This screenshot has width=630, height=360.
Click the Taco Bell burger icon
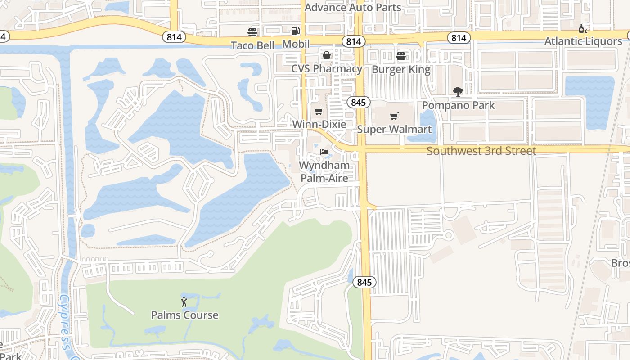252,32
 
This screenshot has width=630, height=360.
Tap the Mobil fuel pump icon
295,31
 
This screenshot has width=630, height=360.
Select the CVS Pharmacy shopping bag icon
326,55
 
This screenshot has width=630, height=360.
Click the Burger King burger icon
400,56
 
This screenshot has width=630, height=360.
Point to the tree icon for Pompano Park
458,92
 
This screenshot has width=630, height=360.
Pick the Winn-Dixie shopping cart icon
319,111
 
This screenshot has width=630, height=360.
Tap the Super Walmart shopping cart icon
394,117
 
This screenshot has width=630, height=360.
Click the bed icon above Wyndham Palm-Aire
324,152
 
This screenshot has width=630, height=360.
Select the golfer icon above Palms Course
184,301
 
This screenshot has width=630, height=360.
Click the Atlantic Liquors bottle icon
583,28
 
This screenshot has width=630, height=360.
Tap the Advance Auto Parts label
353,7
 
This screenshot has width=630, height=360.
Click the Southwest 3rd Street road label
481,151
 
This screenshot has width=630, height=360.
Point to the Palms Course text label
184,315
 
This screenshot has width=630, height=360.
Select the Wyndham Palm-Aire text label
324,172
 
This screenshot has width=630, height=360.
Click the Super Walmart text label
394,130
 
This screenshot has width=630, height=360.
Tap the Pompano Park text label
458,105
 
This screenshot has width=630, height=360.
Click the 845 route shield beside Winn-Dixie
358,103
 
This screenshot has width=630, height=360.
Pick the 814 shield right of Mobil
354,42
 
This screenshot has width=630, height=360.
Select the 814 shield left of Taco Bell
174,37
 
